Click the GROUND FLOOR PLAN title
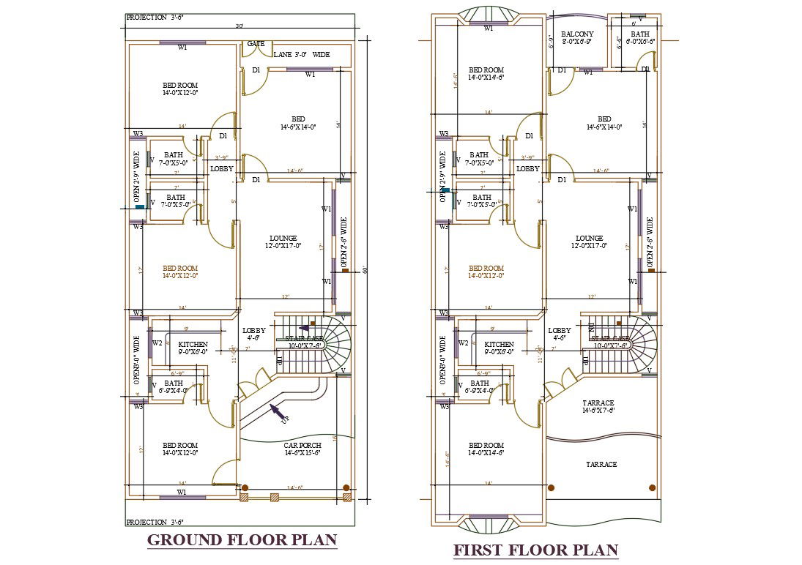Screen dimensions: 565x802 pos(242,540)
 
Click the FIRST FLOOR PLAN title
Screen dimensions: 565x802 pos(535,550)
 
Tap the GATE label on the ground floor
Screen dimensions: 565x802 pos(256,44)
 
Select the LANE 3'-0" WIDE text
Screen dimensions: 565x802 pos(301,55)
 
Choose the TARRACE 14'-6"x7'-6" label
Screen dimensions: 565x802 pos(598,407)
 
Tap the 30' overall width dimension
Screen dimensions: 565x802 pos(239,26)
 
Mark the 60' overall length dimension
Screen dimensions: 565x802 pos(364,270)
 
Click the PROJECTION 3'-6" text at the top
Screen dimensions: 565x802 pos(155,17)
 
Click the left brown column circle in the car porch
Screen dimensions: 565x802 pos(245,487)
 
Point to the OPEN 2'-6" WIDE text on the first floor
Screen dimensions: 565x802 pos(650,242)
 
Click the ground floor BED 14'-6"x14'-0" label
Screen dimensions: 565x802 pos(298,123)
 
